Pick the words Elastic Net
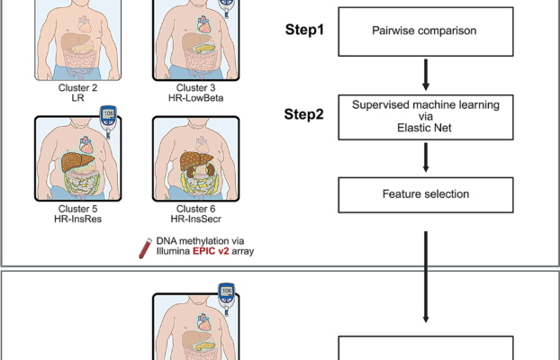click(x=424, y=128)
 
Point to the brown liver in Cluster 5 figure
click(x=67, y=162)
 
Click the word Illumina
click(x=169, y=251)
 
